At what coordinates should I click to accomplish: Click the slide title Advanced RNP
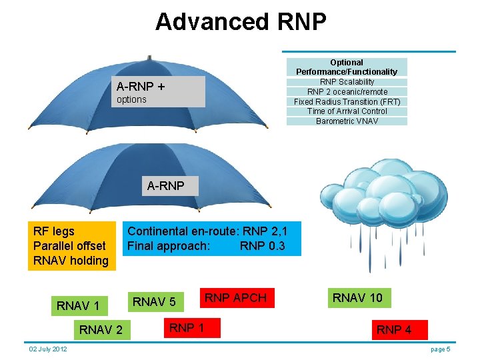(241, 22)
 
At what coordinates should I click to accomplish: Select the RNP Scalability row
(347, 82)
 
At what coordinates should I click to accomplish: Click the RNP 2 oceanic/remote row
(347, 92)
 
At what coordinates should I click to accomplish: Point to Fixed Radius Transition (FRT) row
(347, 102)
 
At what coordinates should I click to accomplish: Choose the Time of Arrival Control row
(347, 111)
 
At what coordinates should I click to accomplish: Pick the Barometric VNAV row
(347, 121)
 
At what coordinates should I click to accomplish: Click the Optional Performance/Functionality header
(347, 67)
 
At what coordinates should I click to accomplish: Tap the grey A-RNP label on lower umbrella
(165, 186)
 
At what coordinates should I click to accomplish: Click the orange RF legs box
(71, 246)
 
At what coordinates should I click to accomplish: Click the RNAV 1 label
(78, 306)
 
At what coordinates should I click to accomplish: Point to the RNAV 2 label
(101, 329)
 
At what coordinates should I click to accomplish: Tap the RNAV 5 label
(154, 302)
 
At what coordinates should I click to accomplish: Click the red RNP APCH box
(235, 298)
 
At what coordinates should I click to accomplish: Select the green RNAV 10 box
(358, 297)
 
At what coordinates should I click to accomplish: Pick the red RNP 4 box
(394, 329)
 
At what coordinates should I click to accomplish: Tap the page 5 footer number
(441, 349)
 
